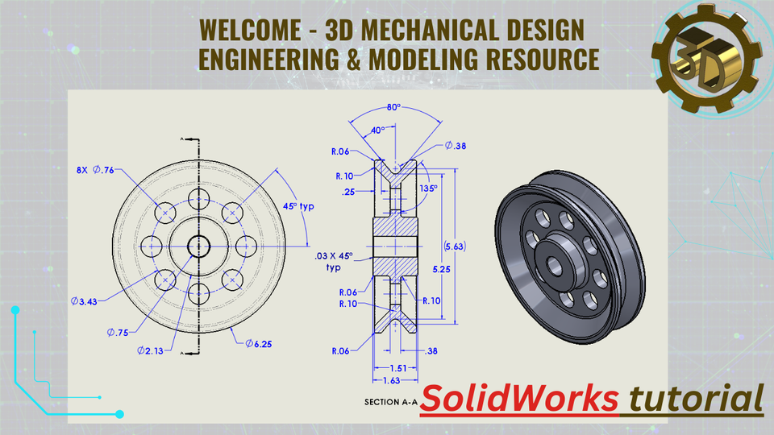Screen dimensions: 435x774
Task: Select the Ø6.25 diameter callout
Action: pyautogui.click(x=260, y=343)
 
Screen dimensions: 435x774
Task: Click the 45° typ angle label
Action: pyautogui.click(x=298, y=206)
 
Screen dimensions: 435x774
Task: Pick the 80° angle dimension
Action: pyautogui.click(x=393, y=106)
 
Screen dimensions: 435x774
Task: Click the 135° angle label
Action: pyautogui.click(x=429, y=188)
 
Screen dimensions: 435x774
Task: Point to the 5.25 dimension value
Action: pyautogui.click(x=439, y=271)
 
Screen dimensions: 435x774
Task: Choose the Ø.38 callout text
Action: pyautogui.click(x=456, y=146)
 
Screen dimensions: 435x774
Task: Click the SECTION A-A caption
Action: pyautogui.click(x=391, y=401)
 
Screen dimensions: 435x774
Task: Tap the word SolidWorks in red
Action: pyautogui.click(x=520, y=398)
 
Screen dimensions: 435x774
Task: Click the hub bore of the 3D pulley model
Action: pyautogui.click(x=556, y=262)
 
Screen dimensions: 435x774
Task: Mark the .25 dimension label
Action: pyautogui.click(x=349, y=191)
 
